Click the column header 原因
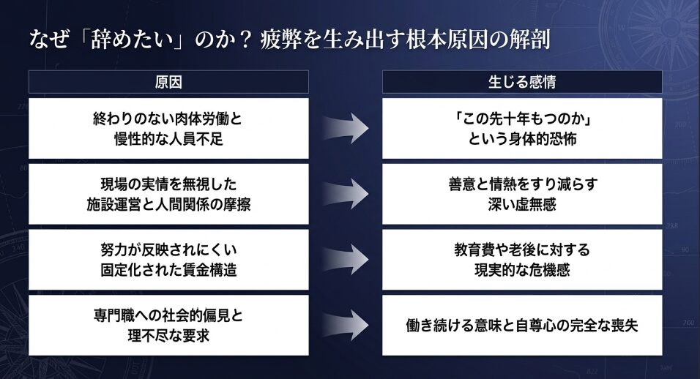tap(168, 82)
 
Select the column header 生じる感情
tap(521, 82)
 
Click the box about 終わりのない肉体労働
tap(168, 128)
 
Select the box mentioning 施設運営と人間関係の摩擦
tap(168, 194)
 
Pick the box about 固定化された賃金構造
tap(168, 259)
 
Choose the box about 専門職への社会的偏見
tap(168, 325)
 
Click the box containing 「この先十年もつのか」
tap(521, 128)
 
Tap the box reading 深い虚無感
tap(521, 194)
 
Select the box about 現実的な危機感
tap(521, 259)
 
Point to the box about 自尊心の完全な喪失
tap(521, 325)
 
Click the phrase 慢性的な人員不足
tap(168, 138)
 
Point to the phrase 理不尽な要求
tap(168, 335)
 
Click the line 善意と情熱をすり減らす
tap(521, 184)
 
